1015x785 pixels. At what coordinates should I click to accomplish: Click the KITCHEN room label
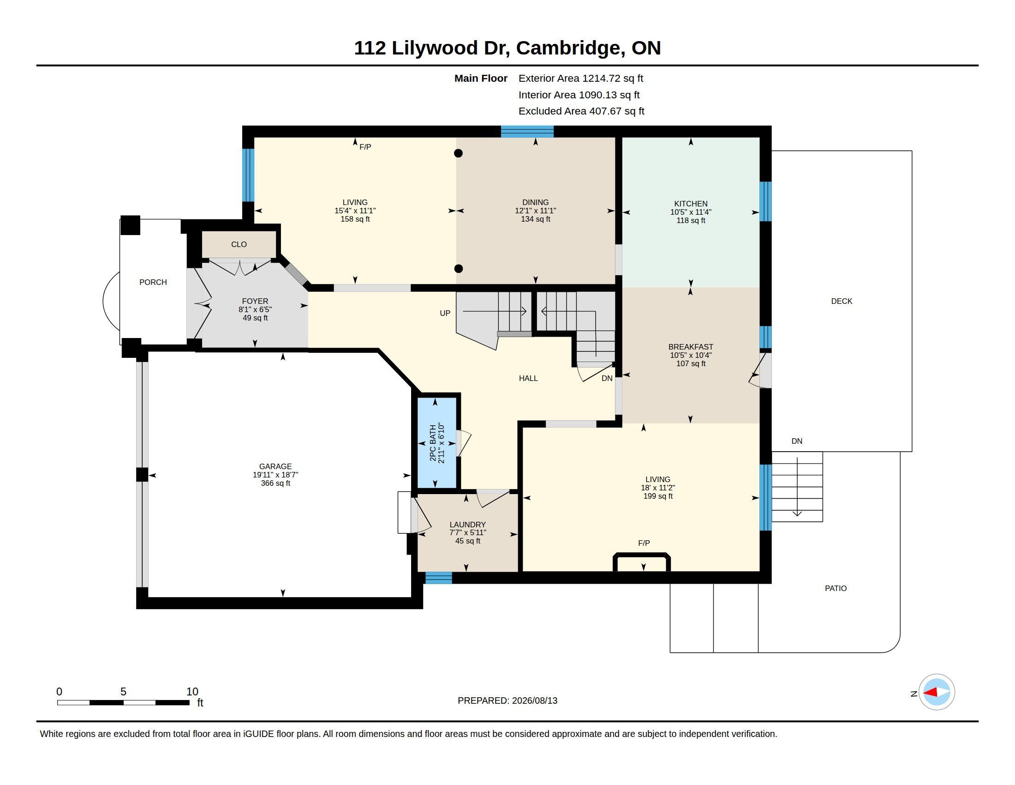pyautogui.click(x=691, y=204)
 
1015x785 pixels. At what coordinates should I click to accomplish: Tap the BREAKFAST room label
pyautogui.click(x=691, y=347)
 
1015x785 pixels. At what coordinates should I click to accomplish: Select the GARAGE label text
pyautogui.click(x=275, y=466)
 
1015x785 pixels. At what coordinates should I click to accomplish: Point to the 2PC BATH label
pyautogui.click(x=433, y=443)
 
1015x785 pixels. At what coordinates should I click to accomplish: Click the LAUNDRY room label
pyautogui.click(x=467, y=525)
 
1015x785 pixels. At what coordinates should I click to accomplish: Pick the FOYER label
pyautogui.click(x=255, y=302)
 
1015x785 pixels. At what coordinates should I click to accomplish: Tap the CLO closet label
pyautogui.click(x=239, y=245)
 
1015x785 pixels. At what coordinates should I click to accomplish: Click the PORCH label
pyautogui.click(x=153, y=282)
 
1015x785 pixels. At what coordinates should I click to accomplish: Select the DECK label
pyautogui.click(x=842, y=302)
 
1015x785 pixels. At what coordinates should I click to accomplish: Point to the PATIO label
pyautogui.click(x=836, y=588)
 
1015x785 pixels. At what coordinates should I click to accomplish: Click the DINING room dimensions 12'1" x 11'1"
pyautogui.click(x=535, y=211)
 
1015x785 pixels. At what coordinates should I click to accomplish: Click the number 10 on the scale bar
pyautogui.click(x=192, y=692)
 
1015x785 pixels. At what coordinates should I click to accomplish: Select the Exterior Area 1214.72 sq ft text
pyautogui.click(x=581, y=78)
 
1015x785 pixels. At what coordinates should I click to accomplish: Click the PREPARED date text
pyautogui.click(x=507, y=701)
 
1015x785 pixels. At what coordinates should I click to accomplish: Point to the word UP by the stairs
pyautogui.click(x=445, y=314)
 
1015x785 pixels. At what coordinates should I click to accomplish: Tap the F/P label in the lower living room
pyautogui.click(x=644, y=543)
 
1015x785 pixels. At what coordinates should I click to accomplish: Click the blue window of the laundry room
pyautogui.click(x=439, y=578)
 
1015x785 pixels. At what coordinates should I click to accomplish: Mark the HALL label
pyautogui.click(x=528, y=379)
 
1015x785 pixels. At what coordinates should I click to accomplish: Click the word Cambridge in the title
pyautogui.click(x=570, y=48)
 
